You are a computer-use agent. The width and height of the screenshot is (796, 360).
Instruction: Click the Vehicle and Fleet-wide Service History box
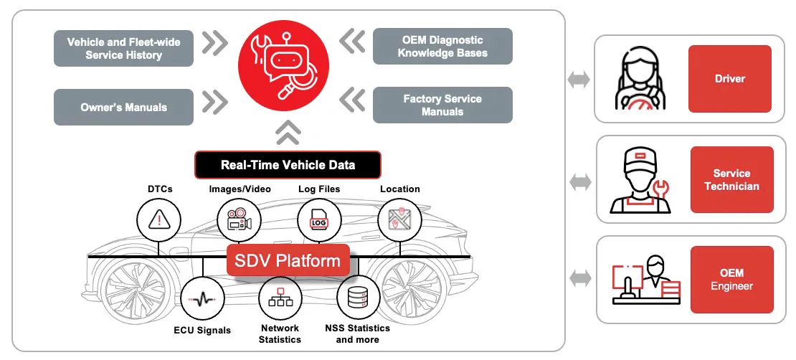coord(124,48)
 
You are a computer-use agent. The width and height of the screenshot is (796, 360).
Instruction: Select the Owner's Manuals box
coord(124,108)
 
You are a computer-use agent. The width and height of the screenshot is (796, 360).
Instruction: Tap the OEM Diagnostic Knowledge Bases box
coord(442,47)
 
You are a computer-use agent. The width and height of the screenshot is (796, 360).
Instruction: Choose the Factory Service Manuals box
coord(442,105)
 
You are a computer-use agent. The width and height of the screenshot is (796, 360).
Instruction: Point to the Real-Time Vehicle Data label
coord(288,164)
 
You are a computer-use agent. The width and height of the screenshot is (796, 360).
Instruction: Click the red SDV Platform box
coord(288,260)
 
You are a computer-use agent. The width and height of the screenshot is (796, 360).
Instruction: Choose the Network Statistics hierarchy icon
coord(280,298)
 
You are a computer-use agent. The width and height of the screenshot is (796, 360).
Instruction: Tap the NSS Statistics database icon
coord(358,298)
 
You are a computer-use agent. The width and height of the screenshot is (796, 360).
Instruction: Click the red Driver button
coord(730,79)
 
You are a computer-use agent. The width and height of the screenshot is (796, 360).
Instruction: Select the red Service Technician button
coord(731,180)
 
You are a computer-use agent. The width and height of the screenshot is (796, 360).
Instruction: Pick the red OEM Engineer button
coord(731,280)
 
